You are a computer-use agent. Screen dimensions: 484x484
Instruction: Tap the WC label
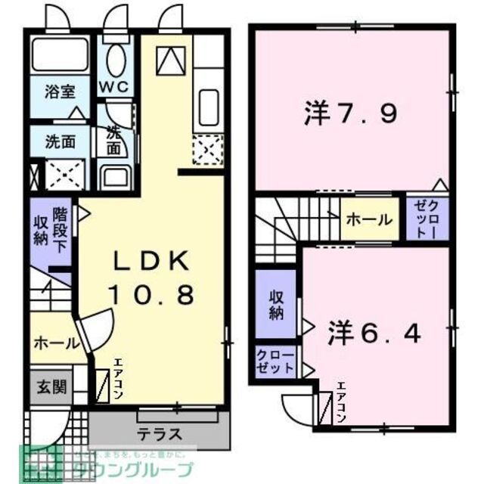[116, 87]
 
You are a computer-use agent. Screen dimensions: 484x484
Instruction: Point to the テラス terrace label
[160, 435]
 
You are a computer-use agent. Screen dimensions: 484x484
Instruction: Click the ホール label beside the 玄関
[54, 343]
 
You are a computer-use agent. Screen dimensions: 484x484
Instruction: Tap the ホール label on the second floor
[369, 220]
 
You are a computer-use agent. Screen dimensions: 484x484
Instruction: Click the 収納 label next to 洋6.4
[277, 304]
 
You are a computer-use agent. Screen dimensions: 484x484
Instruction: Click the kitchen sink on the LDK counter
[206, 107]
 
